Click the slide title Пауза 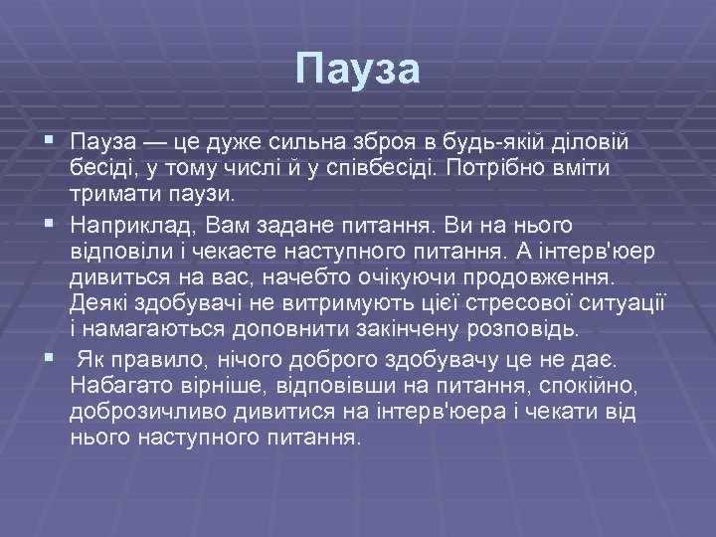(358, 71)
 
